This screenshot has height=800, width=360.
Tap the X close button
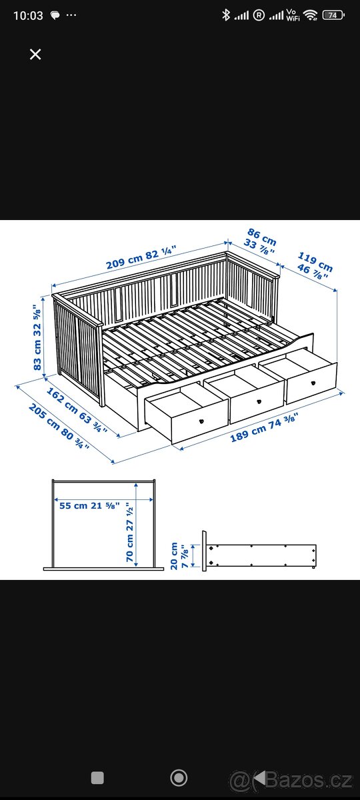point(35,55)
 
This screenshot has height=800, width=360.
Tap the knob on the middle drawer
point(257,402)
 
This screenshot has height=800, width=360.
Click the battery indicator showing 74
point(332,15)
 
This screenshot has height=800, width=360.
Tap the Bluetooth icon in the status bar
point(226,15)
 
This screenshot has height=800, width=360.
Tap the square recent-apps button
point(97,777)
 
